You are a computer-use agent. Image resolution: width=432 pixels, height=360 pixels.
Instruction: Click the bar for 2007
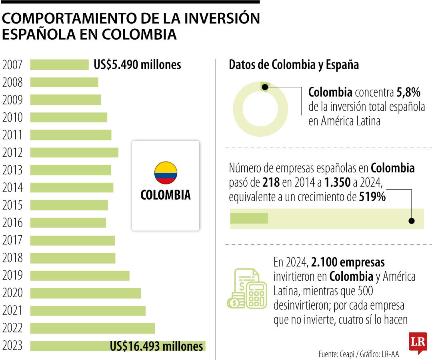click(59, 65)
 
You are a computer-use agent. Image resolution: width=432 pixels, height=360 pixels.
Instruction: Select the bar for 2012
click(74, 152)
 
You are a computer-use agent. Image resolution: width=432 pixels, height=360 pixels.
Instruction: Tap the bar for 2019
click(80, 276)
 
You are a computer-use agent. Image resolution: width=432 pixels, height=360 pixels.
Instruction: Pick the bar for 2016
click(68, 222)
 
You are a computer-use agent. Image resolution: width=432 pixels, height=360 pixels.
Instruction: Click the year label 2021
click(12, 311)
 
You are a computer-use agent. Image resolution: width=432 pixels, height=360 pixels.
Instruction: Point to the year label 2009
click(12, 100)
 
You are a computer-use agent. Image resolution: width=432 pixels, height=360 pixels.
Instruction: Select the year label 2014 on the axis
click(12, 188)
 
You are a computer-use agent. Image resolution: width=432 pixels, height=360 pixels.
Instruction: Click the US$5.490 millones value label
click(137, 65)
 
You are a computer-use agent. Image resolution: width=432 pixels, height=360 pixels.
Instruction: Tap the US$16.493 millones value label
click(156, 346)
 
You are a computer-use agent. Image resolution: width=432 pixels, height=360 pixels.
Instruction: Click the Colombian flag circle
click(166, 173)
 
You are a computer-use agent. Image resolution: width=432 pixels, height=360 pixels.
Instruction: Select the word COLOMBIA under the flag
click(166, 195)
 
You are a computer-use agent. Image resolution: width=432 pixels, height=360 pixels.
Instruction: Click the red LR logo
click(418, 342)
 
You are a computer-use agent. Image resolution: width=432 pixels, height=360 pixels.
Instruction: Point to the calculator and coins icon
click(247, 289)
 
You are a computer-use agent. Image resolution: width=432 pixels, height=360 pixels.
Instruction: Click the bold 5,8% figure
click(408, 93)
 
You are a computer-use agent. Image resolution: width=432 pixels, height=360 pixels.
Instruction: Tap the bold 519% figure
click(372, 196)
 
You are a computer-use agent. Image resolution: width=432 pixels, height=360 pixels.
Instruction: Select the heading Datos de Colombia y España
click(294, 65)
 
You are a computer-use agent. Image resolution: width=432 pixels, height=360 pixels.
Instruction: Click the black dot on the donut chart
click(264, 87)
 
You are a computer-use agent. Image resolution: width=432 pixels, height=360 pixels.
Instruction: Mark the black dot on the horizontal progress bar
click(412, 221)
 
